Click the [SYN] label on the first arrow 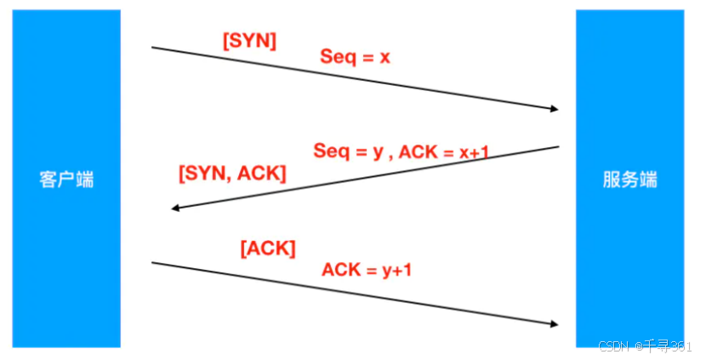(249, 41)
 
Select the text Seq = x (355, 57)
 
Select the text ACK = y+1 (367, 270)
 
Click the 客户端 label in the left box (66, 180)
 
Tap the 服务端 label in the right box (629, 180)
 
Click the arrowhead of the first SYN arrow (554, 109)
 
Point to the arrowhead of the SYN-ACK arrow (175, 209)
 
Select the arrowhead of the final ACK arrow (554, 324)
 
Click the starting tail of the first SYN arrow (153, 48)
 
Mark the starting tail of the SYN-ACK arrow (557, 147)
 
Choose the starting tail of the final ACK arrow (153, 263)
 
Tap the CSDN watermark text (612, 347)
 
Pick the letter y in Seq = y (378, 151)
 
